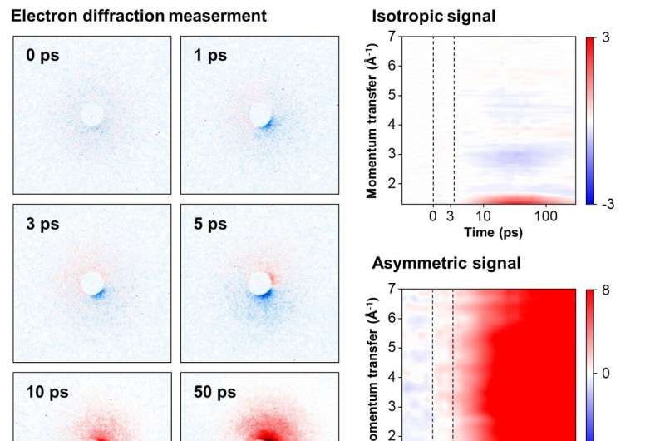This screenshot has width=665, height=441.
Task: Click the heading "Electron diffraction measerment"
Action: click(139, 14)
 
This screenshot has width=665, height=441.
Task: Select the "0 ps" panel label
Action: click(41, 57)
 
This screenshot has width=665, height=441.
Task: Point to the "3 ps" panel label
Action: click(41, 225)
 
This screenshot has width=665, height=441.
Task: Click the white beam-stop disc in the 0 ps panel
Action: click(93, 115)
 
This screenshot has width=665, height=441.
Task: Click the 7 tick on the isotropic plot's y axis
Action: click(390, 36)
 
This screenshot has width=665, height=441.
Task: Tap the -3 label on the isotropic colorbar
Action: click(608, 204)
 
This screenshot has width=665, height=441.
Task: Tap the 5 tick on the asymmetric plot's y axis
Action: click(390, 348)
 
